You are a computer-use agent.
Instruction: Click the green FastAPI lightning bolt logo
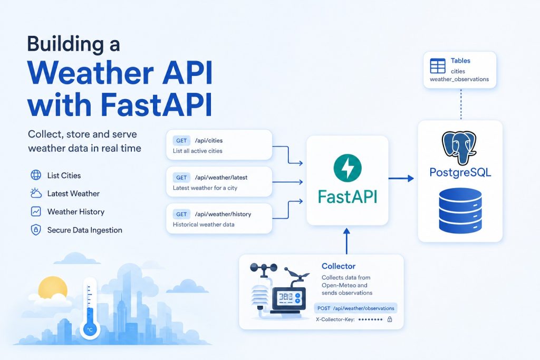pos(348,168)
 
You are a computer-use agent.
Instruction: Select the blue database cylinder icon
pos(460,210)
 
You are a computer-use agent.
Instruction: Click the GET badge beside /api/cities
pos(181,140)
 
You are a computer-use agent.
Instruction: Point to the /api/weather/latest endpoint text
pos(221,178)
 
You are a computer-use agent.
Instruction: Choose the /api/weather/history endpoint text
pos(223,214)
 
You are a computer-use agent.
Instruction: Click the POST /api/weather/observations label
pos(355,308)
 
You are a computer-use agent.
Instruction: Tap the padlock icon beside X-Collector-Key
pos(390,319)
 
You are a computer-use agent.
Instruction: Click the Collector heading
pos(339,266)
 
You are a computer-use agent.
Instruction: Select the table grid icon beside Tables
pos(438,66)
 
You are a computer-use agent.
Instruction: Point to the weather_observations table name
pos(459,79)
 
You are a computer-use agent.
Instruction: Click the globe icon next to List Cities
pos(36,175)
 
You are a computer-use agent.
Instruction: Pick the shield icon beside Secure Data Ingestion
pos(36,230)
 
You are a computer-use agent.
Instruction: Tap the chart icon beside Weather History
pos(36,211)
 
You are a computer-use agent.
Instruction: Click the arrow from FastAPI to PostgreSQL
pos(401,178)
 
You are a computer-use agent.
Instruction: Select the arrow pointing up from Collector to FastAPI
pos(347,241)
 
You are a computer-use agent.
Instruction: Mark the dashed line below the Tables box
pos(461,104)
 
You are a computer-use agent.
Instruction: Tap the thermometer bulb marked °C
pos(90,329)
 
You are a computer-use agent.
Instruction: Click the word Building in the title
pos(65,44)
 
